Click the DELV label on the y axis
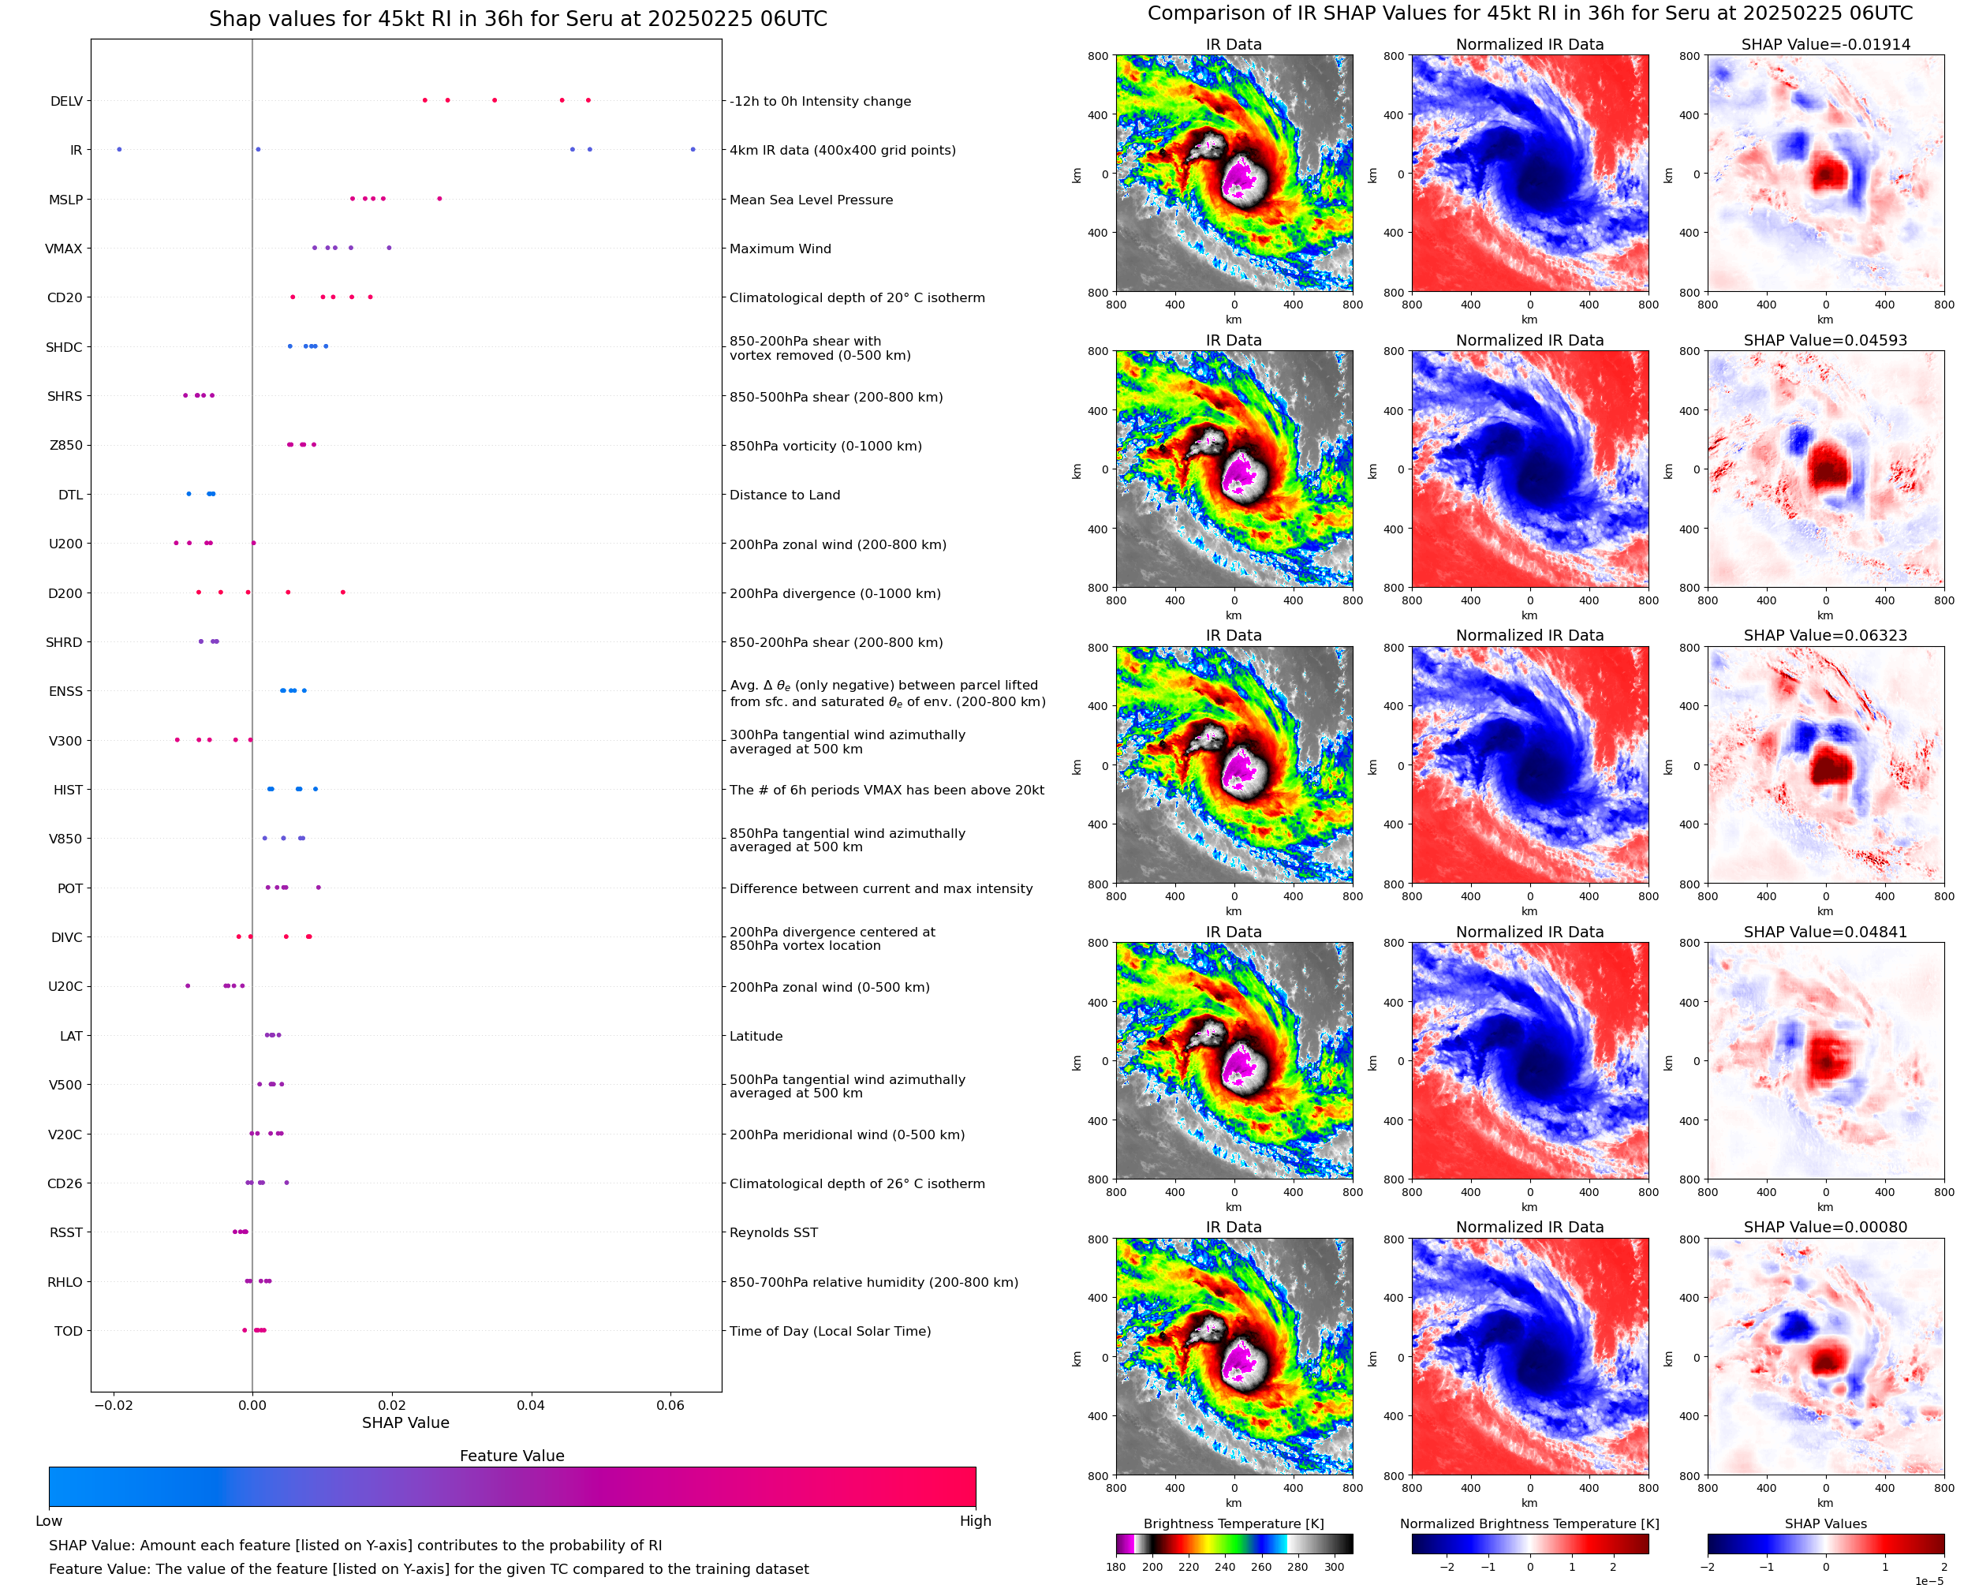click(65, 101)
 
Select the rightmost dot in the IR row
click(693, 150)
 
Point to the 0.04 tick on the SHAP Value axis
click(530, 1405)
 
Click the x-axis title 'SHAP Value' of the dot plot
click(405, 1422)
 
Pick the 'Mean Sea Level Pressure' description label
click(810, 200)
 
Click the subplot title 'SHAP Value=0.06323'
click(1825, 635)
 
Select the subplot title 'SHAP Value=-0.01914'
click(1825, 44)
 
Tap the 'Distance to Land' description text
click(784, 495)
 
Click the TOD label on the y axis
click(69, 1331)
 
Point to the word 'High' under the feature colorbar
click(975, 1521)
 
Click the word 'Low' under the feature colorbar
click(49, 1521)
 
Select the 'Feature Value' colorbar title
click(512, 1456)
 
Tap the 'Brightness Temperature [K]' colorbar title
click(1233, 1523)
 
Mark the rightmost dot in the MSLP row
click(439, 199)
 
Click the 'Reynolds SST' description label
click(773, 1232)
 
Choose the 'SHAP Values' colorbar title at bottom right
click(1825, 1523)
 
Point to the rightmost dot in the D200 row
click(343, 593)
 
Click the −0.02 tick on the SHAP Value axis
click(113, 1405)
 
